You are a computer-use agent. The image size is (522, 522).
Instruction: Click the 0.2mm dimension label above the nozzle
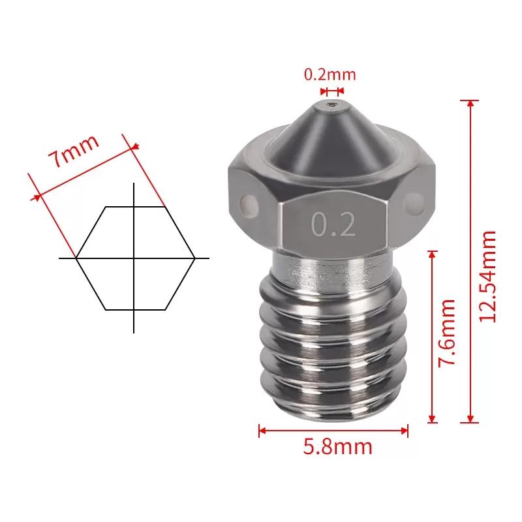[x=330, y=74]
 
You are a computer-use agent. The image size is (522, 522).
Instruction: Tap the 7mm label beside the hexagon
[x=74, y=151]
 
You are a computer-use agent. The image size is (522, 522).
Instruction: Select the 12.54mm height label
[x=487, y=276]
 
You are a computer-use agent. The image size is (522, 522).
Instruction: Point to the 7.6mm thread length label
[x=447, y=333]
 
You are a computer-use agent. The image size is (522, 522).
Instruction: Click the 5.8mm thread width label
[x=337, y=447]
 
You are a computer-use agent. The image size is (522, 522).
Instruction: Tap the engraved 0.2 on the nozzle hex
[x=333, y=224]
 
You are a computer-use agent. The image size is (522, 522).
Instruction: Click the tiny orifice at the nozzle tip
[x=332, y=104]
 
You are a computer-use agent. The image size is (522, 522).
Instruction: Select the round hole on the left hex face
[x=249, y=203]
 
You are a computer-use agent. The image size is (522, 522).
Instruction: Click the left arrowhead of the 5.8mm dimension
[x=262, y=431]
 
